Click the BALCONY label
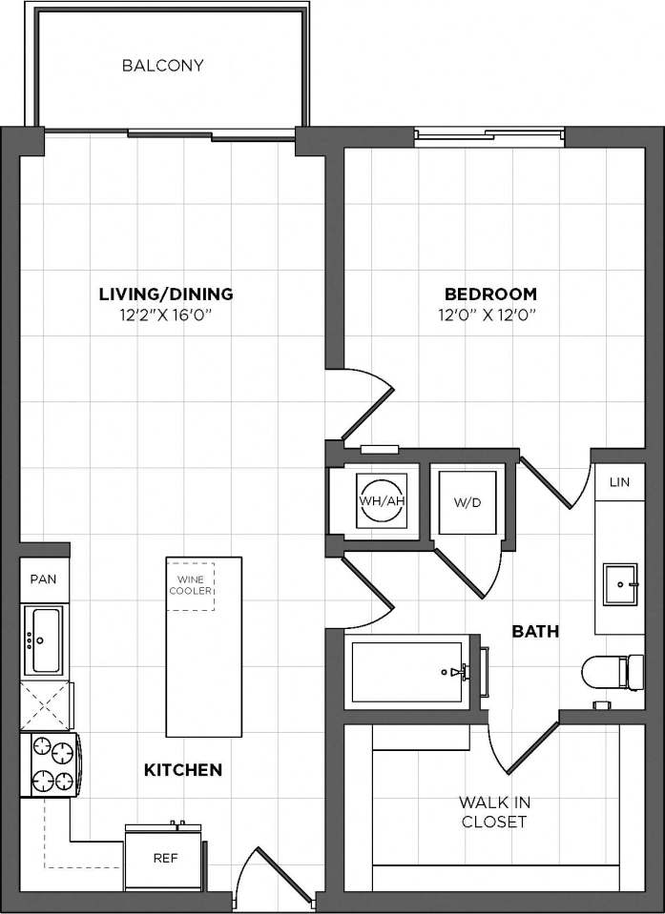pos(163,66)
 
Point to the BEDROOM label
pos(490,294)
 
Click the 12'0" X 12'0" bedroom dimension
pos(490,315)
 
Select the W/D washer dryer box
pos(464,500)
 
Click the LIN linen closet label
pos(619,482)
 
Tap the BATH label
pos(534,631)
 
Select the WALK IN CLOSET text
pos(493,812)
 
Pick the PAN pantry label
pos(43,579)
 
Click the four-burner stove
pos(52,764)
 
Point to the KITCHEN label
pos(183,769)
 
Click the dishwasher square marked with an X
pos(45,705)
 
